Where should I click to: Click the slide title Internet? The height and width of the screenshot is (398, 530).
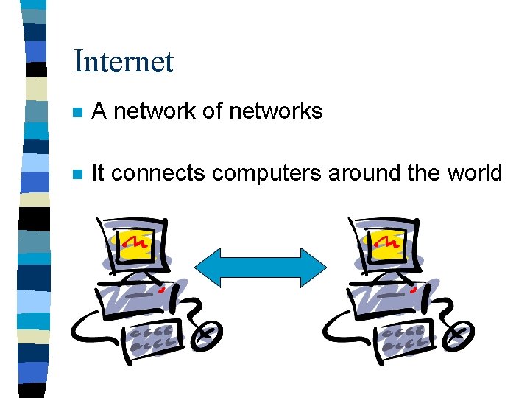124,61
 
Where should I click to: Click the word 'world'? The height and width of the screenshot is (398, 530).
475,174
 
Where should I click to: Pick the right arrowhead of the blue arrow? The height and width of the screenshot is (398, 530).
314,266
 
